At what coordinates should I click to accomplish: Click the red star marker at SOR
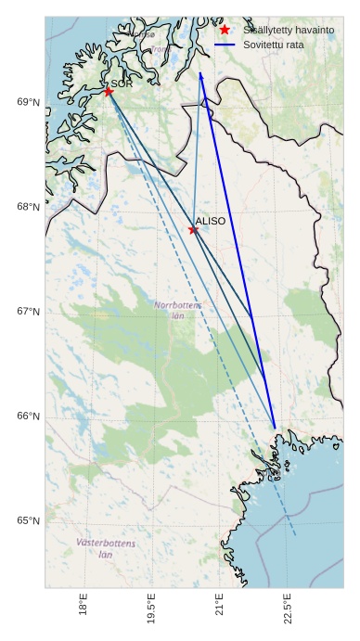(109, 91)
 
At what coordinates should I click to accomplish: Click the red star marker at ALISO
(193, 229)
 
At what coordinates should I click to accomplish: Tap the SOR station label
(122, 83)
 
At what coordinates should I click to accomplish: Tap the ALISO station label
(211, 221)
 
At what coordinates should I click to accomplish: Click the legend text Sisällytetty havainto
(289, 30)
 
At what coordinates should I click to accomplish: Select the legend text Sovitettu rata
(274, 44)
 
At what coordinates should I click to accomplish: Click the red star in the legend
(225, 30)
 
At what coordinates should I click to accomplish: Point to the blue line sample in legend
(225, 44)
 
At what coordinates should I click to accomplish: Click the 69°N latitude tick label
(29, 102)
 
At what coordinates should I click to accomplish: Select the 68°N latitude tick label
(29, 207)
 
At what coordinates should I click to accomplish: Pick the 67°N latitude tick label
(29, 312)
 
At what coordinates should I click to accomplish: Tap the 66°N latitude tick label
(29, 417)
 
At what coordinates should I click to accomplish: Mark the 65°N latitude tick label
(29, 520)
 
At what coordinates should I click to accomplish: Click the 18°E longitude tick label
(84, 608)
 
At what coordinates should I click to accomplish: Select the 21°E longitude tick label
(220, 608)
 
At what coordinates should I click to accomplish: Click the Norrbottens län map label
(178, 310)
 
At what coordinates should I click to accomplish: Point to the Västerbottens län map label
(106, 548)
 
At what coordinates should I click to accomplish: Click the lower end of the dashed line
(296, 535)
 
